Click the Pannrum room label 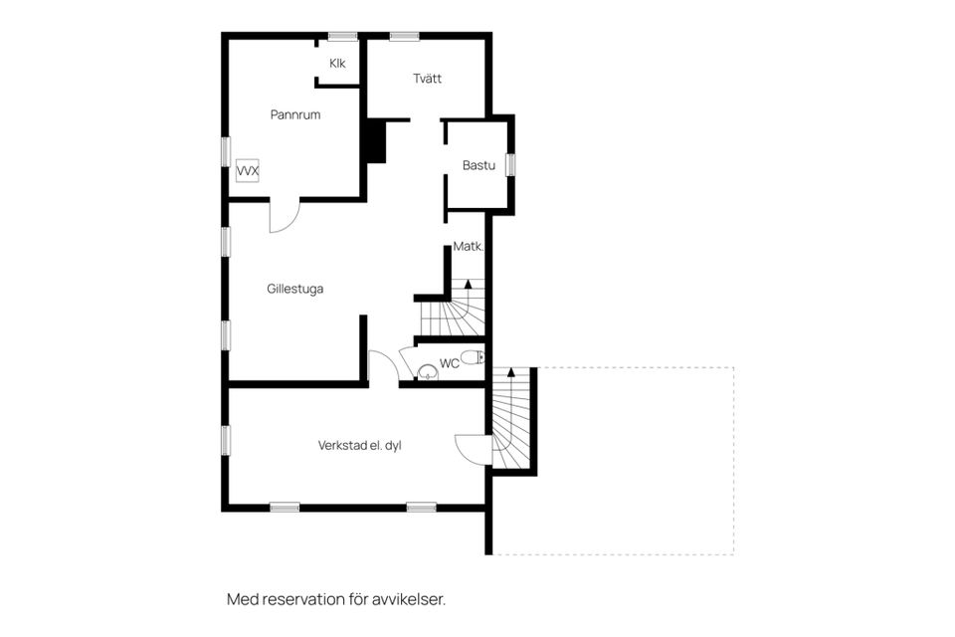click(x=295, y=114)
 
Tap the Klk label click(x=337, y=64)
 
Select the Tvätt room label click(x=428, y=79)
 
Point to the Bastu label click(x=478, y=165)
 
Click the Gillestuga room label click(x=295, y=289)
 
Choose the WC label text click(x=449, y=363)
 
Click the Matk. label click(x=468, y=246)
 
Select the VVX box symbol click(x=248, y=171)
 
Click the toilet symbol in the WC click(x=474, y=357)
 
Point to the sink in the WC click(x=427, y=373)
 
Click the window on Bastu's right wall click(x=510, y=164)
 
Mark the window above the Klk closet click(x=342, y=37)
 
